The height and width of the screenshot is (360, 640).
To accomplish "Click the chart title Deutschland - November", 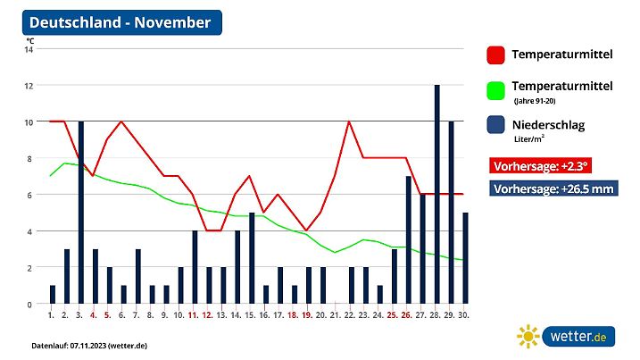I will pos(121,22).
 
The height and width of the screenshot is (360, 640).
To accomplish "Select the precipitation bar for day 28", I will pos(436,195).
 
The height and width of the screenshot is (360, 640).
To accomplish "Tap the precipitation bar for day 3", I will pos(80,213).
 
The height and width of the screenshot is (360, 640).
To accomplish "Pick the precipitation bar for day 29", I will pos(451,213).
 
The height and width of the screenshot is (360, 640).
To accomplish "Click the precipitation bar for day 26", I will pos(408,240).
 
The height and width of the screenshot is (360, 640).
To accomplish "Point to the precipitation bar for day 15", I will pos(252,258).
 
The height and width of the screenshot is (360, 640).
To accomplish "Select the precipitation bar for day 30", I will pos(465,258).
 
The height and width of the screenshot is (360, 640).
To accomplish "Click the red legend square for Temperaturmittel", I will pos(495,55).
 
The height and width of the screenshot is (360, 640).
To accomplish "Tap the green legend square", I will pos(495,90).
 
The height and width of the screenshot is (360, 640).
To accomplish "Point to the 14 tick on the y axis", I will pos(29,49).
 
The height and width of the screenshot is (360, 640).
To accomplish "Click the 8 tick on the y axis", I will pos(29,158).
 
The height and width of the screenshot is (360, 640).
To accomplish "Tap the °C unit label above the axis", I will pos(30,39).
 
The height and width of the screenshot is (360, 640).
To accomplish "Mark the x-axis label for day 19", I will pos(307,315).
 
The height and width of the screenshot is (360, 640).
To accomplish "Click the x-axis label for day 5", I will pos(108,315).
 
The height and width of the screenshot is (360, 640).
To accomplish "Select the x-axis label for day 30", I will pos(464,315).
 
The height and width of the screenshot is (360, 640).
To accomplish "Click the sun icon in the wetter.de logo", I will pos(528,337).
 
